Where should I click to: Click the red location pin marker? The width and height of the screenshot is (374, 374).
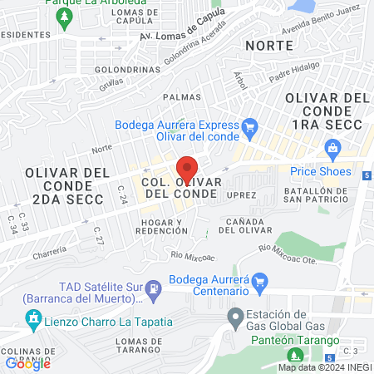point(187,170)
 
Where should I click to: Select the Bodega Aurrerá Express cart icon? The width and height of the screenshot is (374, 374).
point(250,126)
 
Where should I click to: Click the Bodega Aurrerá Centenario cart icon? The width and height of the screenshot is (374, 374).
point(258,281)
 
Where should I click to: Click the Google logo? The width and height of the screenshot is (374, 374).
point(28,362)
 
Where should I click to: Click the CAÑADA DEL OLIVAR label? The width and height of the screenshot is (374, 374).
point(247,225)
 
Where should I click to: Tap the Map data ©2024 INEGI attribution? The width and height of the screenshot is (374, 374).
point(324,367)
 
